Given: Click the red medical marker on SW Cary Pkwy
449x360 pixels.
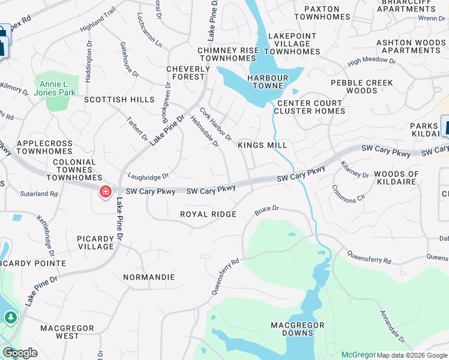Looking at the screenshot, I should click(x=106, y=191).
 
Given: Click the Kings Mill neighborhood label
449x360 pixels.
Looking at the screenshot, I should click(x=262, y=145).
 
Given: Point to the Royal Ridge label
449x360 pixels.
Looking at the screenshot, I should click(x=208, y=214).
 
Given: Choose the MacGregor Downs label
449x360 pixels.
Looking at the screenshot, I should click(x=297, y=329).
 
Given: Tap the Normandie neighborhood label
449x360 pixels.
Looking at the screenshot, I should click(x=149, y=277).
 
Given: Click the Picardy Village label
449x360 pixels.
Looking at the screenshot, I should click(x=95, y=242).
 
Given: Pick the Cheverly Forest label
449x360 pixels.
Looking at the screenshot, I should click(x=188, y=73).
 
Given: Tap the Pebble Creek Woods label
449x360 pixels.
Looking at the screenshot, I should click(x=361, y=86).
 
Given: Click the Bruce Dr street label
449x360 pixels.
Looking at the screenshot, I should click(x=267, y=209).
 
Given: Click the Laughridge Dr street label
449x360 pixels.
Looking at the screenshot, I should click(x=148, y=176).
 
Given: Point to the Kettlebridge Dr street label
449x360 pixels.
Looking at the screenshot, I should click(x=46, y=233).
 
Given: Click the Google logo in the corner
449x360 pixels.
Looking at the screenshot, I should click(x=20, y=353).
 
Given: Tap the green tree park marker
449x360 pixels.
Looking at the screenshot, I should click(x=10, y=317).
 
